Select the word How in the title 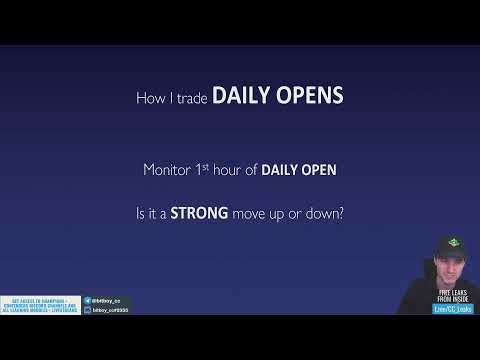click(x=149, y=98)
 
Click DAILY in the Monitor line click(x=281, y=170)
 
